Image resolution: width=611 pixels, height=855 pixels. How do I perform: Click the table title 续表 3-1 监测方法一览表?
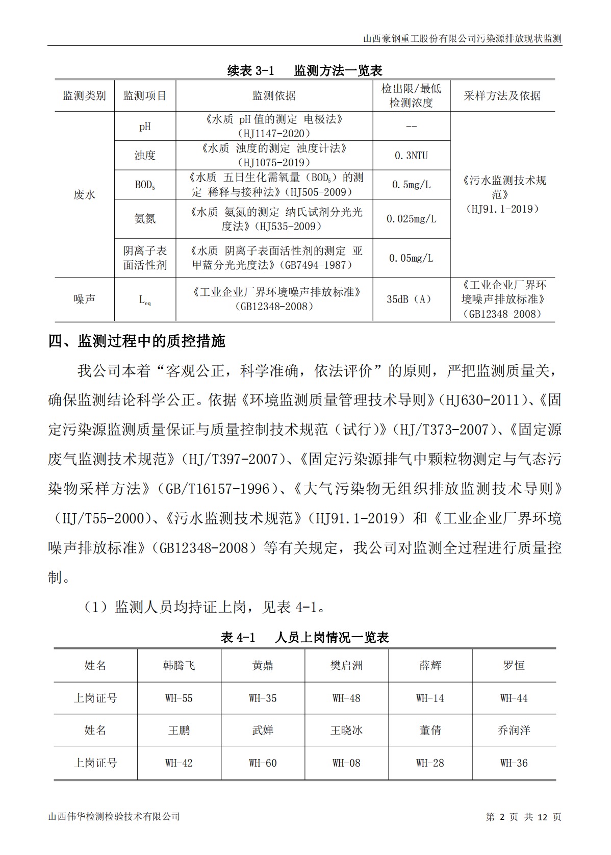[304, 70]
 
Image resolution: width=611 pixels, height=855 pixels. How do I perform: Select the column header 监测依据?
[274, 96]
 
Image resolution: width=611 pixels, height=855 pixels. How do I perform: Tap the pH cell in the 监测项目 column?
[145, 127]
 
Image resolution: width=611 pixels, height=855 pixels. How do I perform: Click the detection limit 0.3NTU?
[411, 156]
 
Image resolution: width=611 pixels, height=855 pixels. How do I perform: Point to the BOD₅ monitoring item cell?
[145, 185]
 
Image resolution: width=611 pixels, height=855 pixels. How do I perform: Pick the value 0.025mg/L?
[411, 219]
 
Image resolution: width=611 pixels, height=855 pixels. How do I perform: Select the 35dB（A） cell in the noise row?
[411, 299]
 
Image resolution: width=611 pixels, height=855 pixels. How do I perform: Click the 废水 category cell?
[84, 194]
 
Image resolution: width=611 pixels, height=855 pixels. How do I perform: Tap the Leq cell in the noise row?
[145, 300]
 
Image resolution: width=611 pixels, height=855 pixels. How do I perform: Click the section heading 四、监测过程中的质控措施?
[137, 341]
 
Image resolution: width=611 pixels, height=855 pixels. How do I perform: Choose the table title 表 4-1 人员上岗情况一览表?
[304, 637]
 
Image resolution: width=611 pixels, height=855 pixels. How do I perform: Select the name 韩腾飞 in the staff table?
[179, 666]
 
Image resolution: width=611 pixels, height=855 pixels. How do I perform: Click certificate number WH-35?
[263, 698]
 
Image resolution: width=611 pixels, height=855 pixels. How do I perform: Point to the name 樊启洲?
[346, 666]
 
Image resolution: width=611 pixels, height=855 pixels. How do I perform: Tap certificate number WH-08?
[346, 763]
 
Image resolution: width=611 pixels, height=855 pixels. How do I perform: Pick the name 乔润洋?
[514, 731]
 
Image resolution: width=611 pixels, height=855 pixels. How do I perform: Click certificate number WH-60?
[263, 763]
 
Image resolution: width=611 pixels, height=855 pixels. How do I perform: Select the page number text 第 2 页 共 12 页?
[523, 817]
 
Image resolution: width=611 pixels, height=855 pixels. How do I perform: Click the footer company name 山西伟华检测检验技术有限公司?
[114, 817]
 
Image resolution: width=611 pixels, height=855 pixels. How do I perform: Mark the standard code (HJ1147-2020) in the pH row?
[274, 134]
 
